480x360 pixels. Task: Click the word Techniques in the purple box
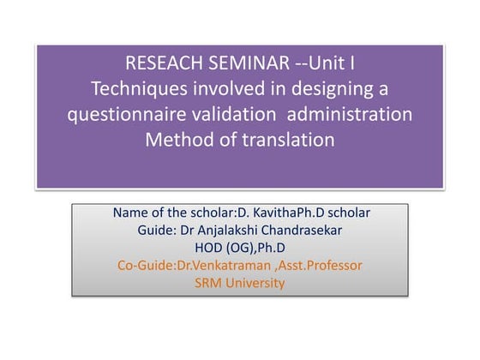(x=133, y=88)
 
